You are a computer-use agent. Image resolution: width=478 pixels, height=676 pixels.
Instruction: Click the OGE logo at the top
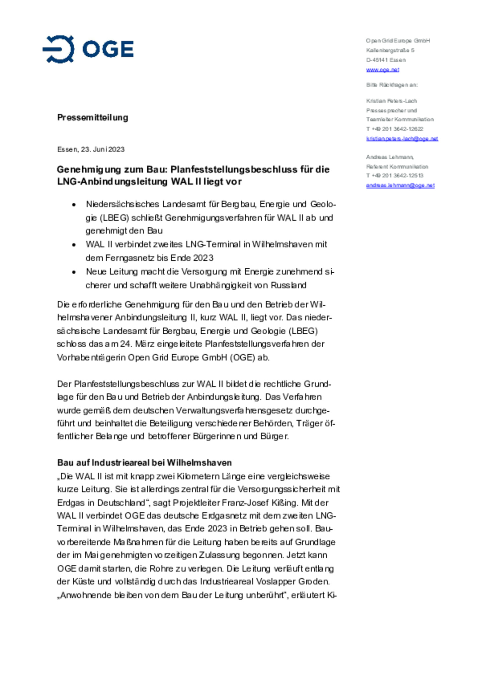pos(88,49)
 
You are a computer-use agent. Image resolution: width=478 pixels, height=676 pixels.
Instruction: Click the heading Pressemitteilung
pos(92,117)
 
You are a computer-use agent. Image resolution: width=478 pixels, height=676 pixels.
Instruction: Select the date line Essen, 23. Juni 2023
pos(91,149)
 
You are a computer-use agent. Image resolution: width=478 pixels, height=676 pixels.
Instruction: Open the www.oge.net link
pos(382,70)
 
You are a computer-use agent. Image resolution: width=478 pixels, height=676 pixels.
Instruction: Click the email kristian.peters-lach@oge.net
pos(402,139)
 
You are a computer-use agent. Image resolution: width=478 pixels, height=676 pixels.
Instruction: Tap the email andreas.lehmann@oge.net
pos(400,185)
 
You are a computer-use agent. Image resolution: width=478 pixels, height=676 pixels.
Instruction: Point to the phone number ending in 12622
pos(395,129)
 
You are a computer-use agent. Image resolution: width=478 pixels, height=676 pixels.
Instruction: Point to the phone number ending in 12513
pos(395,175)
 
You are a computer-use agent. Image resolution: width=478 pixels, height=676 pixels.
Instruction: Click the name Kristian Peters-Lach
pos(391,101)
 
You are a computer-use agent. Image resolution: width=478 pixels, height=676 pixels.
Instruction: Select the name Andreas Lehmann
pos(390,157)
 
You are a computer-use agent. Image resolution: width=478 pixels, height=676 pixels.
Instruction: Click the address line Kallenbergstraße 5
pos(390,50)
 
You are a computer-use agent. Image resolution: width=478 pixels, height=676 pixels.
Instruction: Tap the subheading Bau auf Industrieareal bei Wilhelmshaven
pos(144,463)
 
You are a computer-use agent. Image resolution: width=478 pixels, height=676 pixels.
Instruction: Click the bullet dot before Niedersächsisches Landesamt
pos(74,205)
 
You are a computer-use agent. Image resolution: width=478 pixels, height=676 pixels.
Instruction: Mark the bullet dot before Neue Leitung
pos(74,272)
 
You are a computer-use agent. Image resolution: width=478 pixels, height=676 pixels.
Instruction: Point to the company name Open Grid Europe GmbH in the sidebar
pos(398,41)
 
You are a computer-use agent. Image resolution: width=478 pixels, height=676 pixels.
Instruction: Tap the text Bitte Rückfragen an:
pos(392,85)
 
